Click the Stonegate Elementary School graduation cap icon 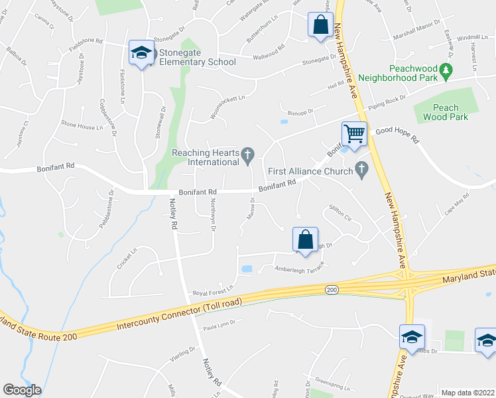(141, 52)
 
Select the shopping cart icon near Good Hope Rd (355, 133)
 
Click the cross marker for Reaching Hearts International (248, 156)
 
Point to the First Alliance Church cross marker (361, 170)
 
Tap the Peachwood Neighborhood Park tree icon (447, 69)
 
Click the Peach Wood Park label (446, 112)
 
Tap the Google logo (22, 390)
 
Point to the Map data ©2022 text (467, 393)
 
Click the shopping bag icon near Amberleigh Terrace (305, 239)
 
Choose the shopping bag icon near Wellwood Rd (320, 26)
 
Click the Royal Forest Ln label (214, 289)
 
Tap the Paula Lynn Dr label (220, 326)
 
